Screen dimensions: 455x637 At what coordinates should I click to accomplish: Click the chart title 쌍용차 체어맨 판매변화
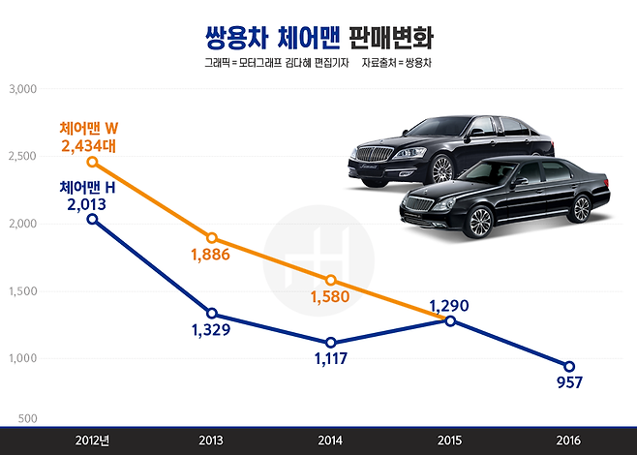click(319, 38)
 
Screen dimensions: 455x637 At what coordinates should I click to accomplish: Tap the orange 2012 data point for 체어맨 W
click(92, 162)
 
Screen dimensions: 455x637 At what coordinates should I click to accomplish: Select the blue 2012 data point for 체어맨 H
click(92, 219)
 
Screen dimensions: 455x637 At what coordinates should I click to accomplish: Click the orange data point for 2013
click(211, 238)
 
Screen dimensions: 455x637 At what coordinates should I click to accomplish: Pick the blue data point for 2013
click(211, 314)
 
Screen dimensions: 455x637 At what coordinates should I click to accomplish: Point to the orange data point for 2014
click(331, 280)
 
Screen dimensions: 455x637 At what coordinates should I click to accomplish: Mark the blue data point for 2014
click(331, 343)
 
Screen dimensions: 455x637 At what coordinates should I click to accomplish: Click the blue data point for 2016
click(569, 366)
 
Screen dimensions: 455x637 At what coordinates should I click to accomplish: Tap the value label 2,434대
click(88, 145)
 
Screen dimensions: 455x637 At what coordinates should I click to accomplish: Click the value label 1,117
click(330, 360)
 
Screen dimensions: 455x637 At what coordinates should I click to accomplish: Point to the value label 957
click(568, 382)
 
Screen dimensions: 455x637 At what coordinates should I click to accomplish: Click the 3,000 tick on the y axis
click(21, 89)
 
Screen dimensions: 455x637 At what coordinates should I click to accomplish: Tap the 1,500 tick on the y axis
click(21, 291)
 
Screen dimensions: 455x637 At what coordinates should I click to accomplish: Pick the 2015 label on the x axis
click(450, 440)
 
